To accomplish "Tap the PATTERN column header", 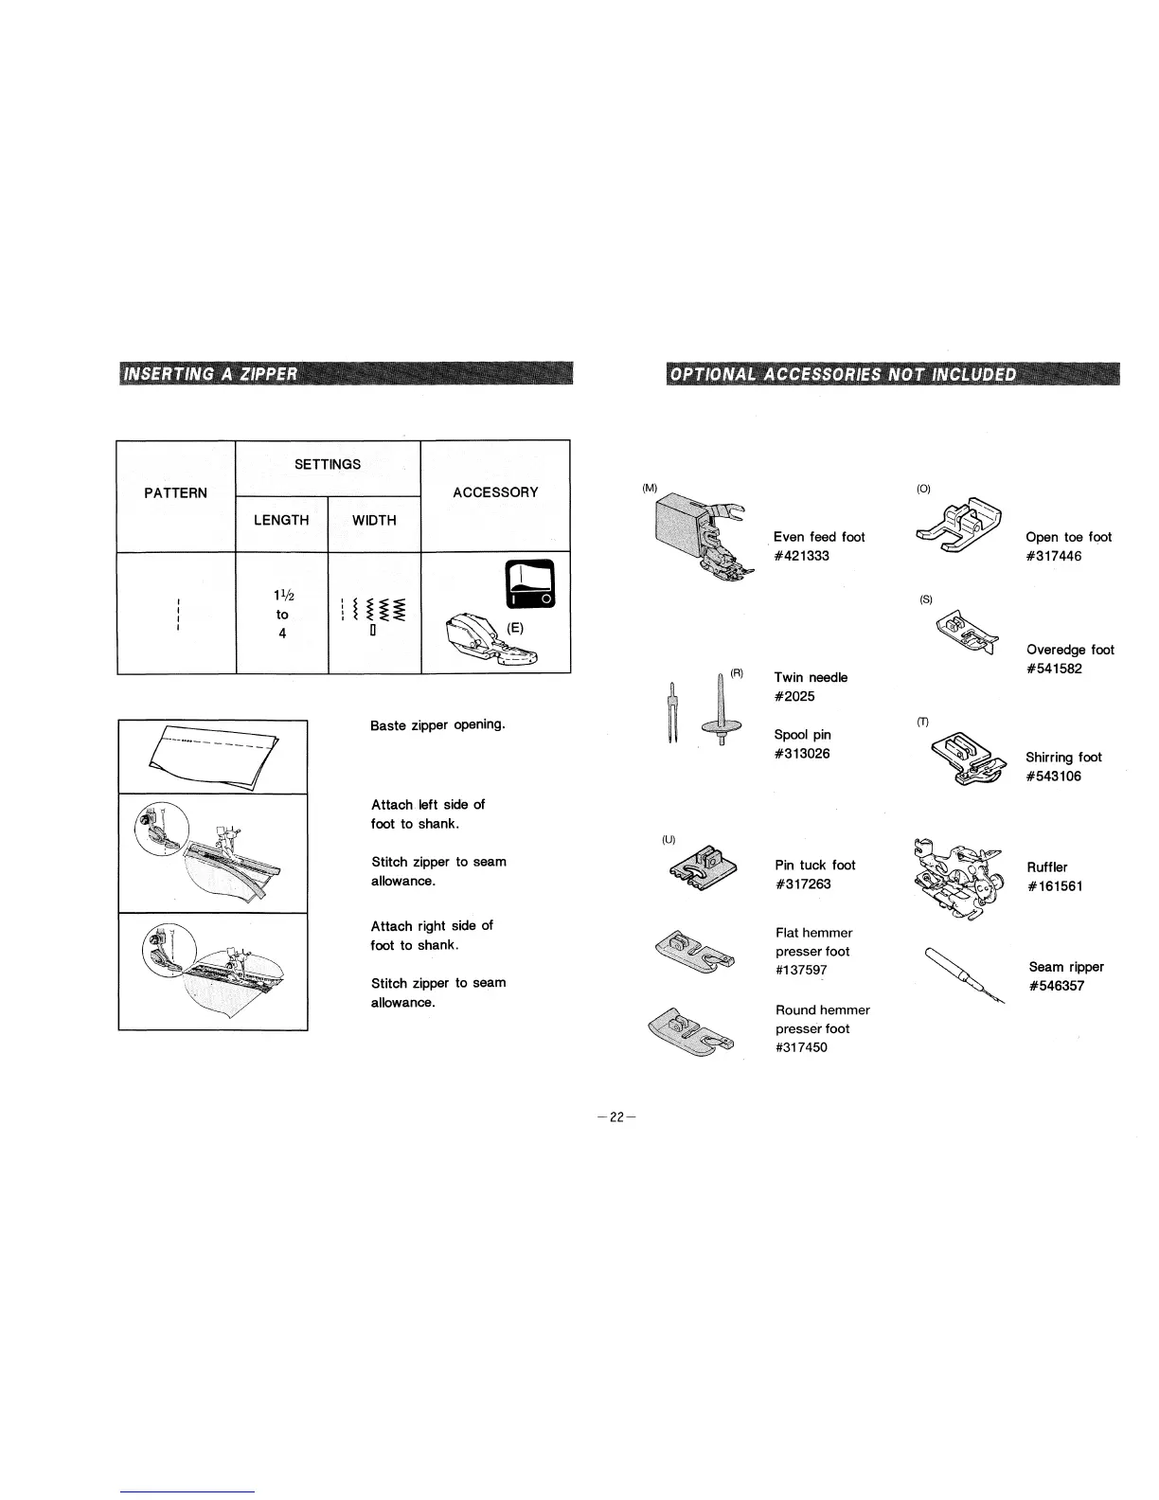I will (176, 493).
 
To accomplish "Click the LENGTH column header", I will (281, 520).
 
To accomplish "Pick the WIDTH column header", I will (374, 520).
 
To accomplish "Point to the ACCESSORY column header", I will (495, 492).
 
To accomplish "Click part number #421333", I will (801, 556).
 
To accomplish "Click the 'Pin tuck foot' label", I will (814, 865).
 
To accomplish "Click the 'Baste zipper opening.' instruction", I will (437, 724).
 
